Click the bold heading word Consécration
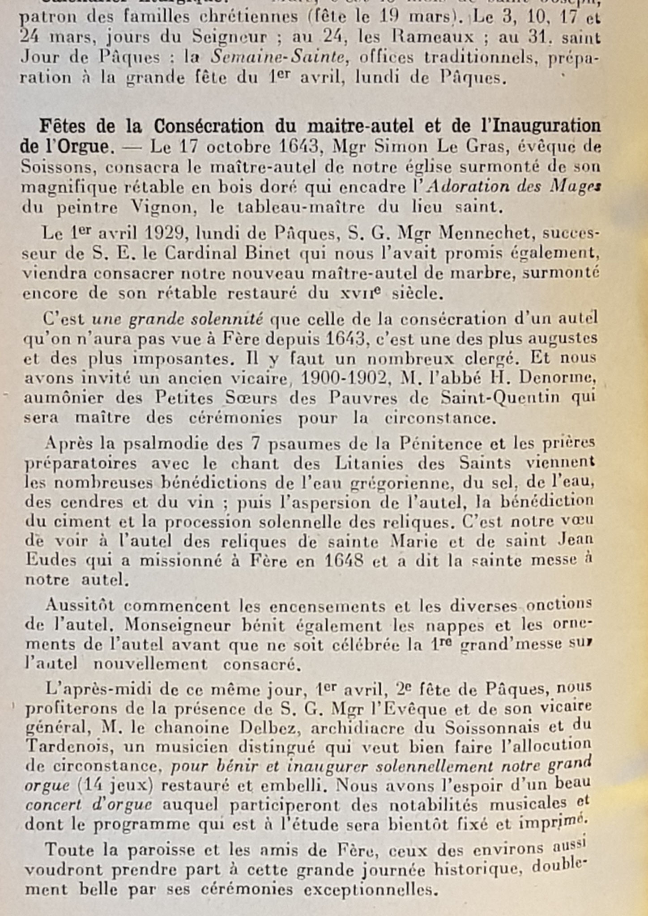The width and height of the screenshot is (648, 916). [209, 127]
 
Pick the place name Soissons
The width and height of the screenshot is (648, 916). [57, 166]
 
